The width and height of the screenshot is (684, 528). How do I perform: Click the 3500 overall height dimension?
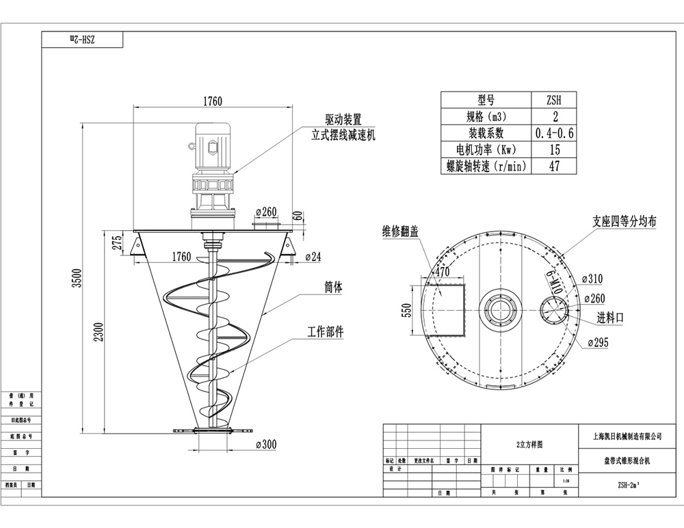tap(78, 279)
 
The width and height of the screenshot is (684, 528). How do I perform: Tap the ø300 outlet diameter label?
tap(263, 445)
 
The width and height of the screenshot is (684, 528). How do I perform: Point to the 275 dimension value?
tap(117, 242)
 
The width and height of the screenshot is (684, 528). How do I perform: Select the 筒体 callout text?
tap(333, 288)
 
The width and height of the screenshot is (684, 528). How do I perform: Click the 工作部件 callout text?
tap(325, 332)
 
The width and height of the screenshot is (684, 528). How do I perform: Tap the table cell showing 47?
tap(553, 166)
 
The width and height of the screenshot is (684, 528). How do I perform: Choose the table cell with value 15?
tap(553, 149)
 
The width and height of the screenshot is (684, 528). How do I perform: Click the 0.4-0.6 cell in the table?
tap(553, 133)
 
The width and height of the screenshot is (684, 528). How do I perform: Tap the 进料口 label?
tap(610, 318)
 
